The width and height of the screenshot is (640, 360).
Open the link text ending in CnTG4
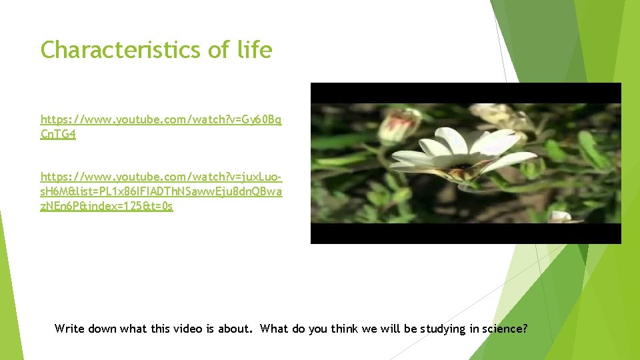coord(58,135)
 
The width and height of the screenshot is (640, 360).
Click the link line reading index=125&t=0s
coord(107,206)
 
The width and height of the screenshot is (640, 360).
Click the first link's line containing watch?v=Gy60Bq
coord(161,119)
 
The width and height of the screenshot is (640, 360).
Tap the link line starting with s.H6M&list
coord(161,191)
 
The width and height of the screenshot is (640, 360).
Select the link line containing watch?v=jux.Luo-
coord(161,177)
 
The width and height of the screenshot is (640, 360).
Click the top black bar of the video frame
coord(465,93)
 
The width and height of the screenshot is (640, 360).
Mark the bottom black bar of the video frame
coord(465,233)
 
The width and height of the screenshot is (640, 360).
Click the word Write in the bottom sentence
coord(69,328)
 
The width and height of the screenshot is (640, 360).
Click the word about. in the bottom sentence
coord(239,328)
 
